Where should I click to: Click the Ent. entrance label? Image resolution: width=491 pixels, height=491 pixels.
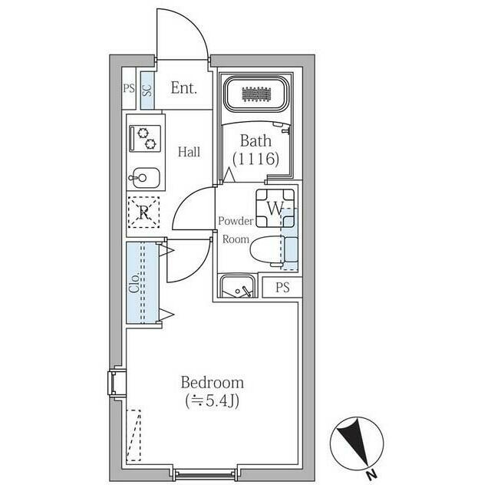point(184,87)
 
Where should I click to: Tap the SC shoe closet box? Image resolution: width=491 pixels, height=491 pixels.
point(146,87)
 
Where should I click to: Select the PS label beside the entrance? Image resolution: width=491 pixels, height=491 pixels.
point(128,88)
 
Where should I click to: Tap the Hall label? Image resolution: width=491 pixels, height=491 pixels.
point(189,152)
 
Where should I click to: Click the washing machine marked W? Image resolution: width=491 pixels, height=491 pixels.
point(274,207)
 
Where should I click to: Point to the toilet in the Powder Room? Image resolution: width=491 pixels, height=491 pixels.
point(271,250)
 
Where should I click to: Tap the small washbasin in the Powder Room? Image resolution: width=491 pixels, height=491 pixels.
point(238,287)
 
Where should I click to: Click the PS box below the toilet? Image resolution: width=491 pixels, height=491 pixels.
point(282,288)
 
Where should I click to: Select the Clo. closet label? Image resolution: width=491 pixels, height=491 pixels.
point(134,284)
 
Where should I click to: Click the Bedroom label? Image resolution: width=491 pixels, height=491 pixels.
point(212,382)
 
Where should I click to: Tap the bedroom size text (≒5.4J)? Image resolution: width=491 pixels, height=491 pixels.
point(212,400)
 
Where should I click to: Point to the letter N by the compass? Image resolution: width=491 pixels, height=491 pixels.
point(371,474)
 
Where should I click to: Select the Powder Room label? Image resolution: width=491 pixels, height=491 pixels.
point(236,229)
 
